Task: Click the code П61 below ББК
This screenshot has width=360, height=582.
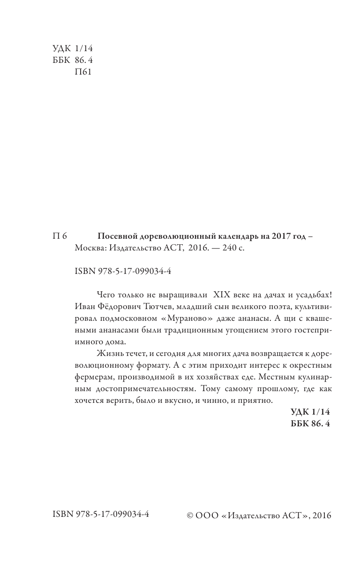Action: coord(83,72)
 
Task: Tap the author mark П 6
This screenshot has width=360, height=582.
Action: coord(60,236)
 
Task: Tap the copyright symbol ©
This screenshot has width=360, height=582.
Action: coord(190,515)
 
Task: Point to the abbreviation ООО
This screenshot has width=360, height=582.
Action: coord(207,515)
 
